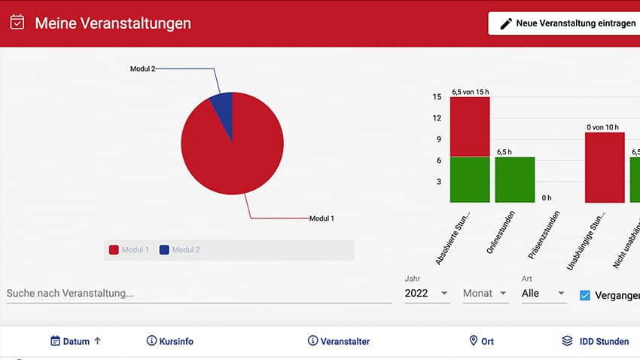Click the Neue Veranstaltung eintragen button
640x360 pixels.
pos(564,23)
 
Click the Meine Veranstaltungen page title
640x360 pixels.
pos(113,23)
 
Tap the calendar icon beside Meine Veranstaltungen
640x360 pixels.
pos(17,23)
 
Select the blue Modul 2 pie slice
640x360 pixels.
pos(223,110)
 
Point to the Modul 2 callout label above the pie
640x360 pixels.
pos(142,69)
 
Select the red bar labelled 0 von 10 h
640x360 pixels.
pos(605,167)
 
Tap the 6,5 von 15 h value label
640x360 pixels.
pos(470,92)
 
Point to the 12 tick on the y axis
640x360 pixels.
pos(437,117)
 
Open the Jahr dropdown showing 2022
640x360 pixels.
pos(426,293)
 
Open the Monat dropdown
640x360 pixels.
pos(485,293)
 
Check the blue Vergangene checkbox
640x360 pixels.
pos(584,294)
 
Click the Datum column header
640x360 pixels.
pos(75,341)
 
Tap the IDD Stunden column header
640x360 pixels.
pos(595,341)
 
